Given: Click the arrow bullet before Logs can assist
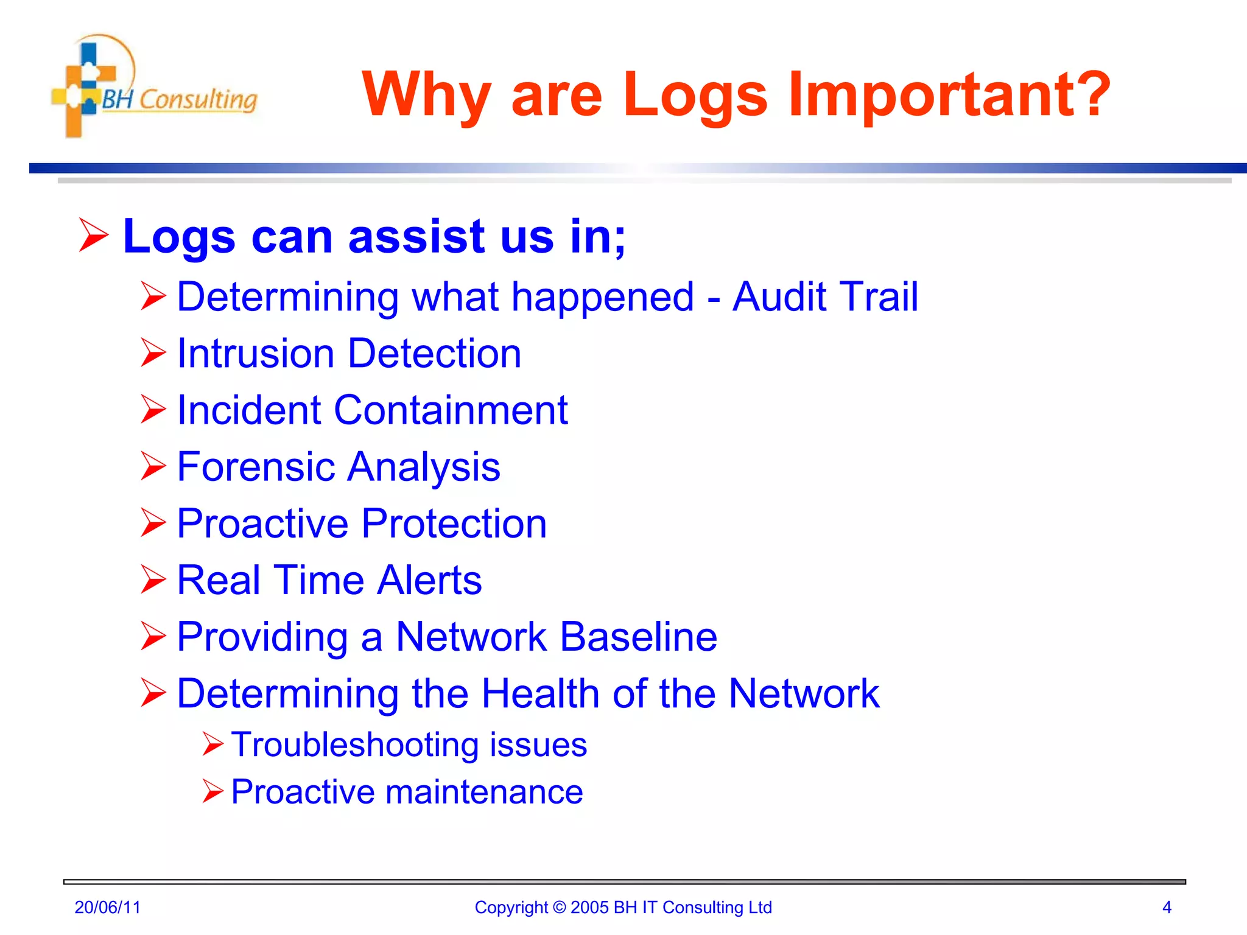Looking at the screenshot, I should pyautogui.click(x=94, y=236).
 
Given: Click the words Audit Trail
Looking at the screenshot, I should pyautogui.click(x=825, y=297).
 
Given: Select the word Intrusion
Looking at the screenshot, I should pyautogui.click(x=255, y=354).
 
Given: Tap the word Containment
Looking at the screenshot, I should pyautogui.click(x=451, y=410).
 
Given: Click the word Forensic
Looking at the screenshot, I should pyautogui.click(x=255, y=467).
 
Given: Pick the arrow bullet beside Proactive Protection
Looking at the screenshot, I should pyautogui.click(x=153, y=523).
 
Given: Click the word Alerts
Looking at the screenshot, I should pyautogui.click(x=429, y=580).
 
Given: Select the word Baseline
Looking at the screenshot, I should pyautogui.click(x=638, y=637).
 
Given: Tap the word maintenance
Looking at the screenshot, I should pyautogui.click(x=484, y=792).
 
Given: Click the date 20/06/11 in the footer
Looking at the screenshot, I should pyautogui.click(x=107, y=908).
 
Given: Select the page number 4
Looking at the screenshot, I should pyautogui.click(x=1167, y=908).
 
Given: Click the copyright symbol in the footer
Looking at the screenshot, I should pyautogui.click(x=559, y=908).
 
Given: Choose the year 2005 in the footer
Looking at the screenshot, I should pyautogui.click(x=589, y=908).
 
